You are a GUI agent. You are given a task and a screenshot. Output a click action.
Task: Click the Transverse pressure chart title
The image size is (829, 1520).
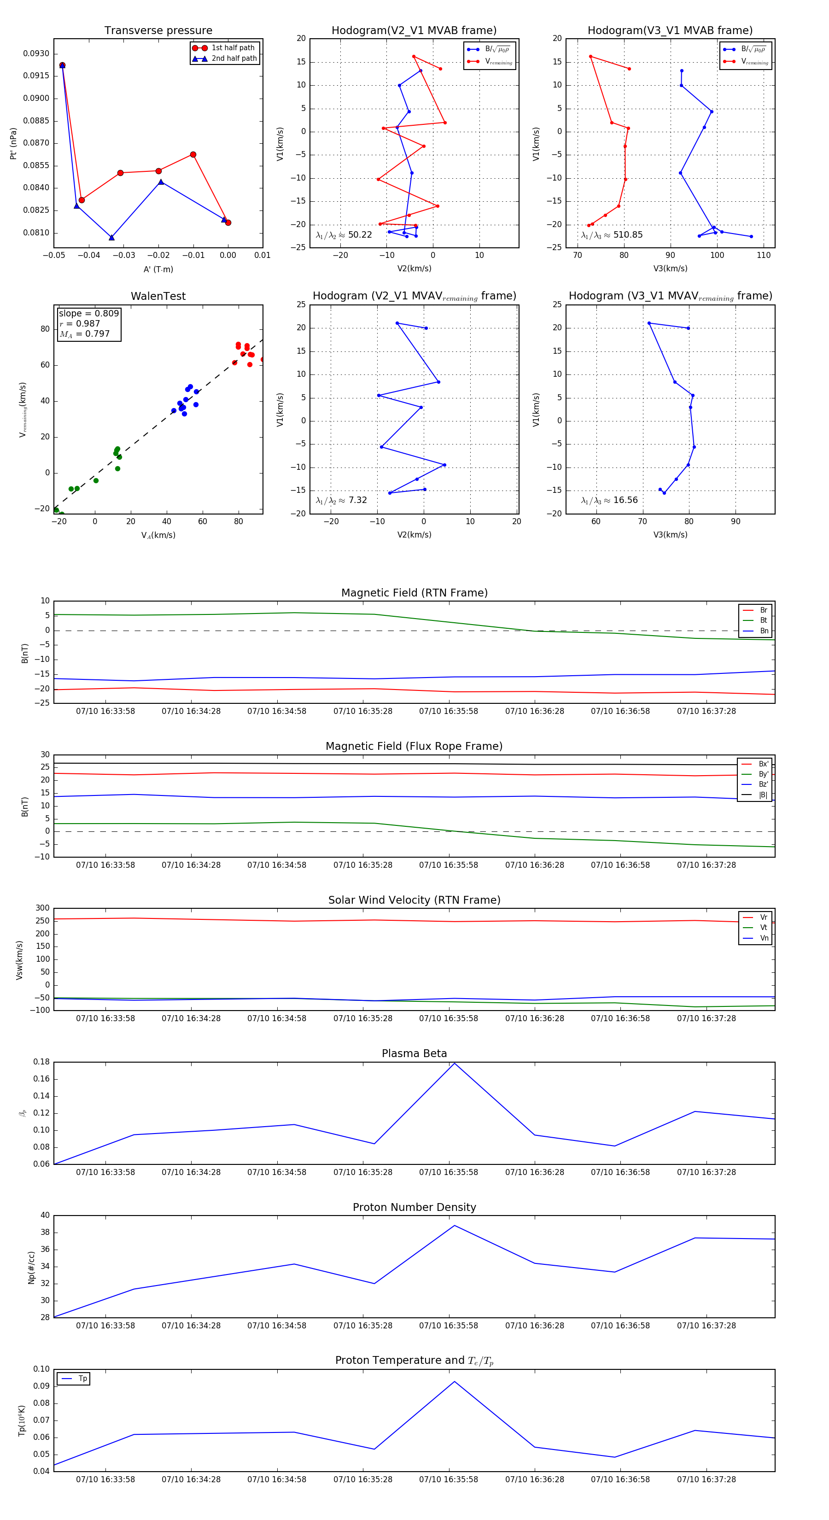coord(158,31)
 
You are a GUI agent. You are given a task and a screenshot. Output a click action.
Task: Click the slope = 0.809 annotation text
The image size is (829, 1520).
coord(88,313)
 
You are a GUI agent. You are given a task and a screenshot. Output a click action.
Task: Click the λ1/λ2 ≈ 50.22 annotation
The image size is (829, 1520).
coord(344,235)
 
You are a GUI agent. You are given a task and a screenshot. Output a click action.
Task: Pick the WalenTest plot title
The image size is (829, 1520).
coord(158,296)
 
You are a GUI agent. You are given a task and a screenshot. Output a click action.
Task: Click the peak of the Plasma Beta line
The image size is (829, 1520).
coord(454,1063)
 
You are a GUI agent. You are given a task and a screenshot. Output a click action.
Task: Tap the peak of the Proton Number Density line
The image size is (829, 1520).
coord(454,1226)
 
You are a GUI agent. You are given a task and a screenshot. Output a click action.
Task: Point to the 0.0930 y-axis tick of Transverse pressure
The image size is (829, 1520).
coord(36,54)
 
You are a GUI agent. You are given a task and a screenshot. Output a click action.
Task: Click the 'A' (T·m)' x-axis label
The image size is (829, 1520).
coord(158,269)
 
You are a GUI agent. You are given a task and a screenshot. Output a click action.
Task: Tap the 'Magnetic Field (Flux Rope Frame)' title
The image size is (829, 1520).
coord(414,747)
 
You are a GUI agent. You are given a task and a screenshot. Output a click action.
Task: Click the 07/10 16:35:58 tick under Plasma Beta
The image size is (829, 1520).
coord(449,1172)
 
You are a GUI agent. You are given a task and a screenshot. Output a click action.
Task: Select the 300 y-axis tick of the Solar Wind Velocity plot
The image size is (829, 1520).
coord(42,908)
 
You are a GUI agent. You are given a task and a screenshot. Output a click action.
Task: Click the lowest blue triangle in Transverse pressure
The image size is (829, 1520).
coord(111,238)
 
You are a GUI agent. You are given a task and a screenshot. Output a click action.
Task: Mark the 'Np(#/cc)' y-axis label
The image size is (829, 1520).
coord(32,1268)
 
